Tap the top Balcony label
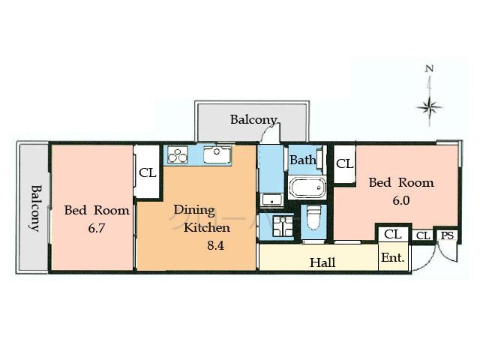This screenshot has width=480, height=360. pyautogui.click(x=253, y=119)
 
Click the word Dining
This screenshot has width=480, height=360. pyautogui.click(x=194, y=210)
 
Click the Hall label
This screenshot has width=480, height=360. pyautogui.click(x=322, y=262)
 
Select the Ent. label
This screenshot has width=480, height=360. pyautogui.click(x=393, y=258)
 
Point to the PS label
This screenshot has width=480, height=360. pyautogui.click(x=447, y=235)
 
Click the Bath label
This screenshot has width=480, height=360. pyautogui.click(x=303, y=160)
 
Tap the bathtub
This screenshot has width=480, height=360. pyautogui.click(x=307, y=187)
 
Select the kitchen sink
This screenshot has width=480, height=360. pyautogui.click(x=217, y=155)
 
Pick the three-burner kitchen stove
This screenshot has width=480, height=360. pyautogui.click(x=178, y=155)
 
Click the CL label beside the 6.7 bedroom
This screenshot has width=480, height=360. pyautogui.click(x=147, y=172)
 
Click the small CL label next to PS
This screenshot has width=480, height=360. pyautogui.click(x=423, y=235)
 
